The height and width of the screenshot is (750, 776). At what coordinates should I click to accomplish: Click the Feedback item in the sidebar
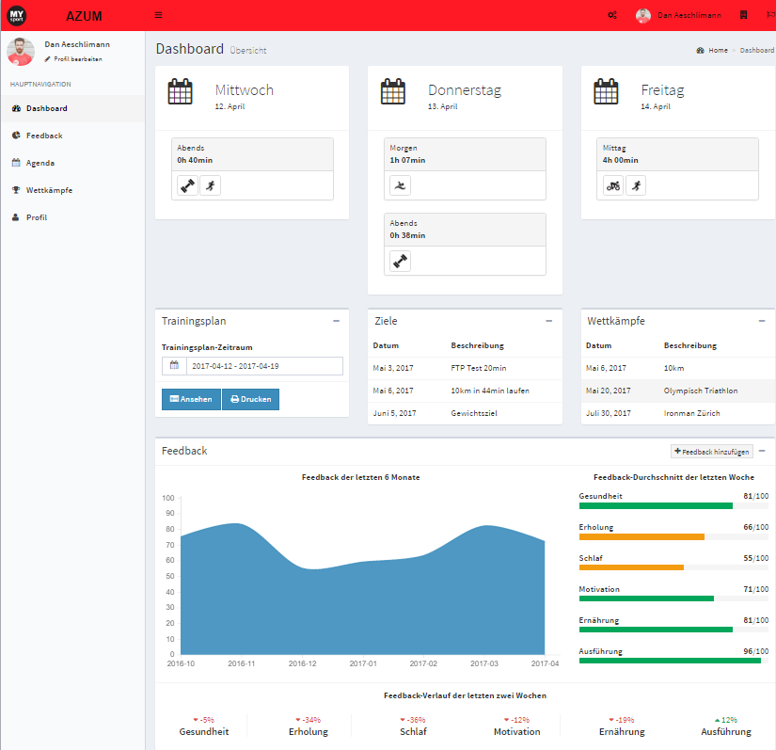pos(43,136)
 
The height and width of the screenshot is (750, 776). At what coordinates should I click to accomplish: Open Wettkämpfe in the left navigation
pos(49,190)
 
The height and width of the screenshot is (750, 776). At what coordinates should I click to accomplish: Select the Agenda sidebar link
pos(40,163)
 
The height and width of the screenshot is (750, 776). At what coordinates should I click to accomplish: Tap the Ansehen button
pos(191,399)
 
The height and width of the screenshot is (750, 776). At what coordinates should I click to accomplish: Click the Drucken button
pos(250,399)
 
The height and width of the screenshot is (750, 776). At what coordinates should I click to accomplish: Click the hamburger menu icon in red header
pos(158,15)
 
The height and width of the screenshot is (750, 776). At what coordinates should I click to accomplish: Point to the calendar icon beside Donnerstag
pos(393,92)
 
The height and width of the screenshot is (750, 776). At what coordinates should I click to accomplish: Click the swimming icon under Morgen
pos(401,185)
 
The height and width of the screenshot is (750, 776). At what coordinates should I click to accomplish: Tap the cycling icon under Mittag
pos(613,185)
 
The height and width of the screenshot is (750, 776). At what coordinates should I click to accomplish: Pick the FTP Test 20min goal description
pos(478,367)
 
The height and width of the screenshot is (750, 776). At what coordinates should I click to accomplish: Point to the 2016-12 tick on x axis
pos(303,663)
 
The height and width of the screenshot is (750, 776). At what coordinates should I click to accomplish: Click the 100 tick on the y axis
pos(168,498)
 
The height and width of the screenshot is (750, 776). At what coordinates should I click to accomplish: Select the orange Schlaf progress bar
pos(631,567)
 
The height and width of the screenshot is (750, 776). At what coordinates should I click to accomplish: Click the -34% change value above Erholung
pos(309,720)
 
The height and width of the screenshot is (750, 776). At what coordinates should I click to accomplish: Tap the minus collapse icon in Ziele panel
pos(549,321)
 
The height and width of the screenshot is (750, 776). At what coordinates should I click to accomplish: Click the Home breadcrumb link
pos(718,50)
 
